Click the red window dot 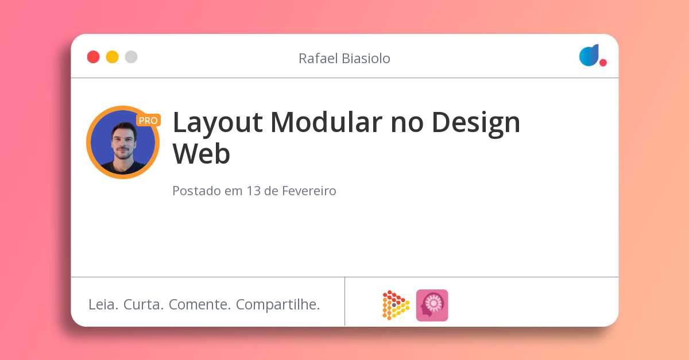click(93, 57)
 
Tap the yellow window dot click(112, 57)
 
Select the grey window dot click(131, 57)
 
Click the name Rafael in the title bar click(318, 58)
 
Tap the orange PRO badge click(148, 121)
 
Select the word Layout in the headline click(218, 122)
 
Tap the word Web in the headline click(202, 154)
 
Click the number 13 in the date click(253, 191)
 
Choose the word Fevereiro click(309, 191)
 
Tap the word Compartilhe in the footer click(278, 305)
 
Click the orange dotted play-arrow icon click(395, 305)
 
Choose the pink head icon click(432, 305)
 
